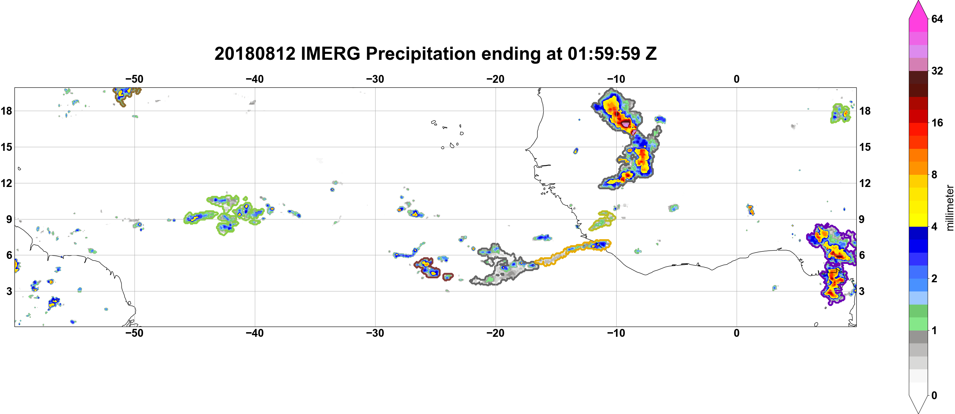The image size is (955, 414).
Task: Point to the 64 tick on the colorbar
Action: (x=937, y=18)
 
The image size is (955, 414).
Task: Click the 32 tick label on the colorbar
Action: (x=937, y=71)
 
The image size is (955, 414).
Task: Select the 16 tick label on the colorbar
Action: (x=937, y=123)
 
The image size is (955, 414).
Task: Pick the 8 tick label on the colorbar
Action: (x=934, y=174)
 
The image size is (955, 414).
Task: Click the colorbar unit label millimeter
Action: (x=949, y=208)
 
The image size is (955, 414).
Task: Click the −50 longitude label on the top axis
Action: (x=134, y=79)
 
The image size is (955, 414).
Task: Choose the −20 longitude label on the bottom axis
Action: (x=496, y=333)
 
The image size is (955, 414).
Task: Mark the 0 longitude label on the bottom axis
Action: (x=737, y=333)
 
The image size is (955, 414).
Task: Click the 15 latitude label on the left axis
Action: (x=6, y=147)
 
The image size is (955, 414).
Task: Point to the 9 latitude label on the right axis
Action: (x=862, y=219)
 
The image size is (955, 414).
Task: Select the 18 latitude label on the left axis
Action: (x=6, y=111)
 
